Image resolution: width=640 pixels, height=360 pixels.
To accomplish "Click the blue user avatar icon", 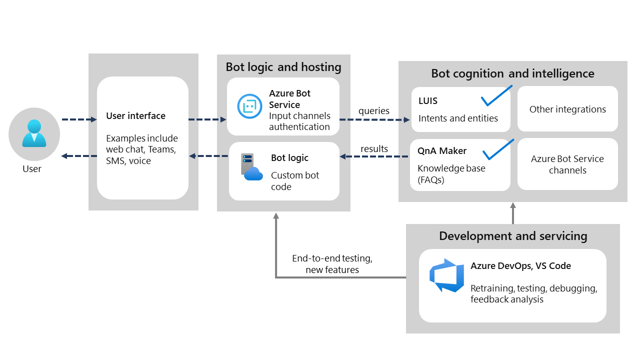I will coord(34,133).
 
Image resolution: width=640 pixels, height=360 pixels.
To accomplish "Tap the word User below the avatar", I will coord(32,169).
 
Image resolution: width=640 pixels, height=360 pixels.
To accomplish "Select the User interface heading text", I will coord(135,116).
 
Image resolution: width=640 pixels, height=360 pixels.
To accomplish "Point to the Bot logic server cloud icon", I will coord(251,167).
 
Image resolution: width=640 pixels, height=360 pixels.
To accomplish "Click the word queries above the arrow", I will coord(373,111).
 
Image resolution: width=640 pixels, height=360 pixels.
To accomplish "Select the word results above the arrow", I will coord(374,148).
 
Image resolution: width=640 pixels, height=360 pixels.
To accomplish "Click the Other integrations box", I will coord(567,109).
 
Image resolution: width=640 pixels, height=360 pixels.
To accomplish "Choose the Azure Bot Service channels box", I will coord(567,164).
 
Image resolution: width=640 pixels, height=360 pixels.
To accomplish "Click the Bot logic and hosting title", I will coord(283,67).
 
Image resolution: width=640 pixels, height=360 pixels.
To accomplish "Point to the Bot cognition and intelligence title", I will coord(512,74).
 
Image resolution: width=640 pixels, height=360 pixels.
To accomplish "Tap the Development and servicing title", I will coord(513,236).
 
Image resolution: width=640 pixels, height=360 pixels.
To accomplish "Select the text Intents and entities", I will coord(458,118).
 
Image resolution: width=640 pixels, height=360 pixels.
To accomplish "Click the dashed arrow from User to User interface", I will coord(78,119).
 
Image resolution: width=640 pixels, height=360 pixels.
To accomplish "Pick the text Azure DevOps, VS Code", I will coord(520,266).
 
